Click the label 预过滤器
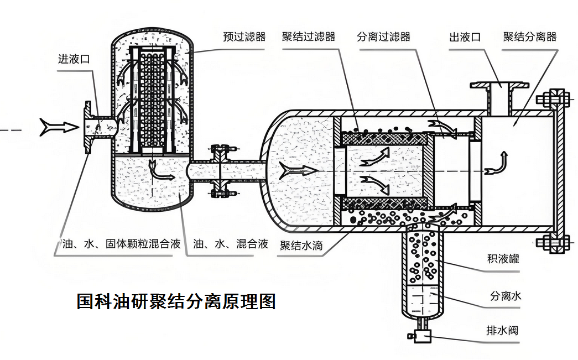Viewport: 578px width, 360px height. (x=244, y=37)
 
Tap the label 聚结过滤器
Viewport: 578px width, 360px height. (x=308, y=37)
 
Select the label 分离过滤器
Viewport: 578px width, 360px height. (x=383, y=37)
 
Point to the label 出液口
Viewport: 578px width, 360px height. (x=464, y=37)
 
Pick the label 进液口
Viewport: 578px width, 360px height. (x=74, y=59)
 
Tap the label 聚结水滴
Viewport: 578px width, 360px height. (x=301, y=245)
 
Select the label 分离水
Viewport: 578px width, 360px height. (x=505, y=296)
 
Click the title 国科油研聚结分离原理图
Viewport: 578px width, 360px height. (x=176, y=302)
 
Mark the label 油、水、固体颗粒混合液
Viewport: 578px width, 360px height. (x=121, y=243)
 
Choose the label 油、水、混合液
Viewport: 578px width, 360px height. (x=231, y=243)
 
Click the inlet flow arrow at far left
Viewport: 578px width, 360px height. (x=59, y=128)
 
